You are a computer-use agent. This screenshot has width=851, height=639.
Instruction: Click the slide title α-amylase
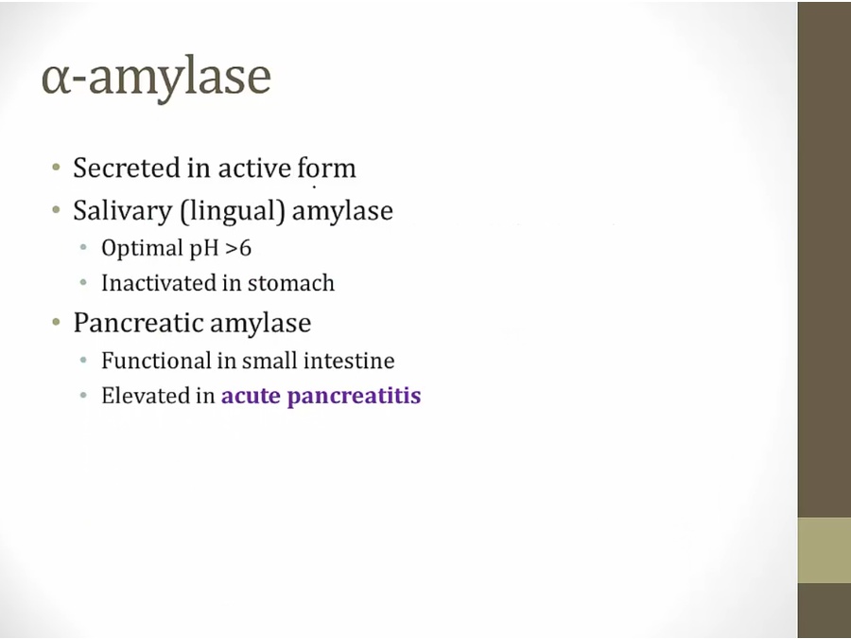[156, 78]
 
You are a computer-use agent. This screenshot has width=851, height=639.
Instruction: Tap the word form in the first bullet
[327, 168]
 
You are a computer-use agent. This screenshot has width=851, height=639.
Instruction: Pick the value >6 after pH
[237, 248]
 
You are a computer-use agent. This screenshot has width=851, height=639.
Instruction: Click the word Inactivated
[157, 283]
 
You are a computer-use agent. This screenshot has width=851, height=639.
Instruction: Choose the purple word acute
[251, 396]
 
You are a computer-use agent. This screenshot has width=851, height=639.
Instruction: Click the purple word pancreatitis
[354, 397]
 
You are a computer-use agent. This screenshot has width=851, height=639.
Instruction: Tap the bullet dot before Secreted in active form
[57, 168]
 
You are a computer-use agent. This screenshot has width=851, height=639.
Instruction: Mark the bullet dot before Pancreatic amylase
[57, 323]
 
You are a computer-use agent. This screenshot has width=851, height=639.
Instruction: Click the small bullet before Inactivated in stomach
[83, 283]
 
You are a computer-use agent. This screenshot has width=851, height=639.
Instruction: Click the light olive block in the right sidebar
[825, 550]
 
